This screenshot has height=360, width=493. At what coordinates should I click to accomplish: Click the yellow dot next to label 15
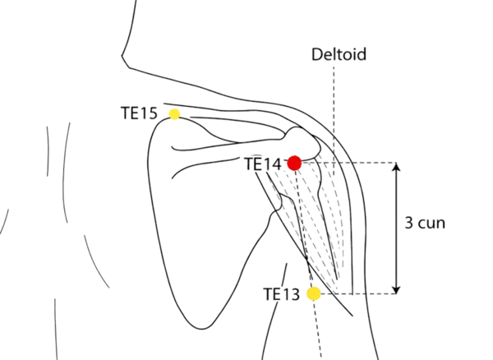pyautogui.click(x=173, y=113)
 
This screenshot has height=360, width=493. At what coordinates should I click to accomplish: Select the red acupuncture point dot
pyautogui.click(x=294, y=163)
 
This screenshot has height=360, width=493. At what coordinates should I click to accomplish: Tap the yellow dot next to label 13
pyautogui.click(x=313, y=293)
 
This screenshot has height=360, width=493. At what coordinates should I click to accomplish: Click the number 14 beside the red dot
pyautogui.click(x=273, y=164)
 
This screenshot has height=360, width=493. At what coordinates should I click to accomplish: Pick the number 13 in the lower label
pyautogui.click(x=288, y=293)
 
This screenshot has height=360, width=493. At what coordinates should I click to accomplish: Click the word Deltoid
pyautogui.click(x=338, y=55)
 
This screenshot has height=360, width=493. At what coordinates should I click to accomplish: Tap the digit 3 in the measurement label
pyautogui.click(x=409, y=223)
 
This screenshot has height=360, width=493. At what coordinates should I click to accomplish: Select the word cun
pyautogui.click(x=432, y=223)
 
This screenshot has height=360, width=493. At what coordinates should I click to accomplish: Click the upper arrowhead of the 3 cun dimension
pyautogui.click(x=398, y=167)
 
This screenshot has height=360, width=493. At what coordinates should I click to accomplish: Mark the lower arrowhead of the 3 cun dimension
pyautogui.click(x=398, y=288)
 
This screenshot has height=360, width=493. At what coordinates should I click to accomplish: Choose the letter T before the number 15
pyautogui.click(x=125, y=113)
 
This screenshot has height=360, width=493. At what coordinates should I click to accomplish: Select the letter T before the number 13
pyautogui.click(x=270, y=293)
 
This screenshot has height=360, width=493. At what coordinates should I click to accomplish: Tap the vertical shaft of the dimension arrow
pyautogui.click(x=398, y=247)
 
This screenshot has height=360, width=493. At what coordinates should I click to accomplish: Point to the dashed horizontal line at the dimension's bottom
pyautogui.click(x=362, y=293)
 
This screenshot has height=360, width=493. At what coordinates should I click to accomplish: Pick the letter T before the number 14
pyautogui.click(x=250, y=164)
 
